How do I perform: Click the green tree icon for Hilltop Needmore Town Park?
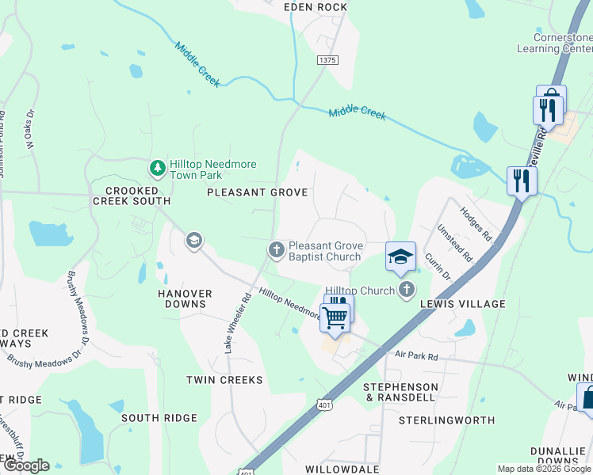tap(158, 169)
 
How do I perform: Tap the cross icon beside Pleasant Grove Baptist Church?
tap(276, 250)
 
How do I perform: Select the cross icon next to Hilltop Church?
tap(407, 290)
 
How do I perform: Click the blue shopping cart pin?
tap(335, 317)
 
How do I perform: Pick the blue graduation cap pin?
tap(400, 256)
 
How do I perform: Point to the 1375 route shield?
tap(327, 60)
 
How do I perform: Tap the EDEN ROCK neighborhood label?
tap(316, 7)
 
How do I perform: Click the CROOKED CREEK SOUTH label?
tap(131, 196)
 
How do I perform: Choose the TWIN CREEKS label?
tap(224, 380)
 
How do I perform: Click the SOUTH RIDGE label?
tap(159, 417)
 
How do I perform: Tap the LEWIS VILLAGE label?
tap(462, 304)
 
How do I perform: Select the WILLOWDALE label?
tap(342, 469)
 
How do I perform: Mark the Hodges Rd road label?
tap(476, 225)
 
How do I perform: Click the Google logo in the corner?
tap(25, 465)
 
